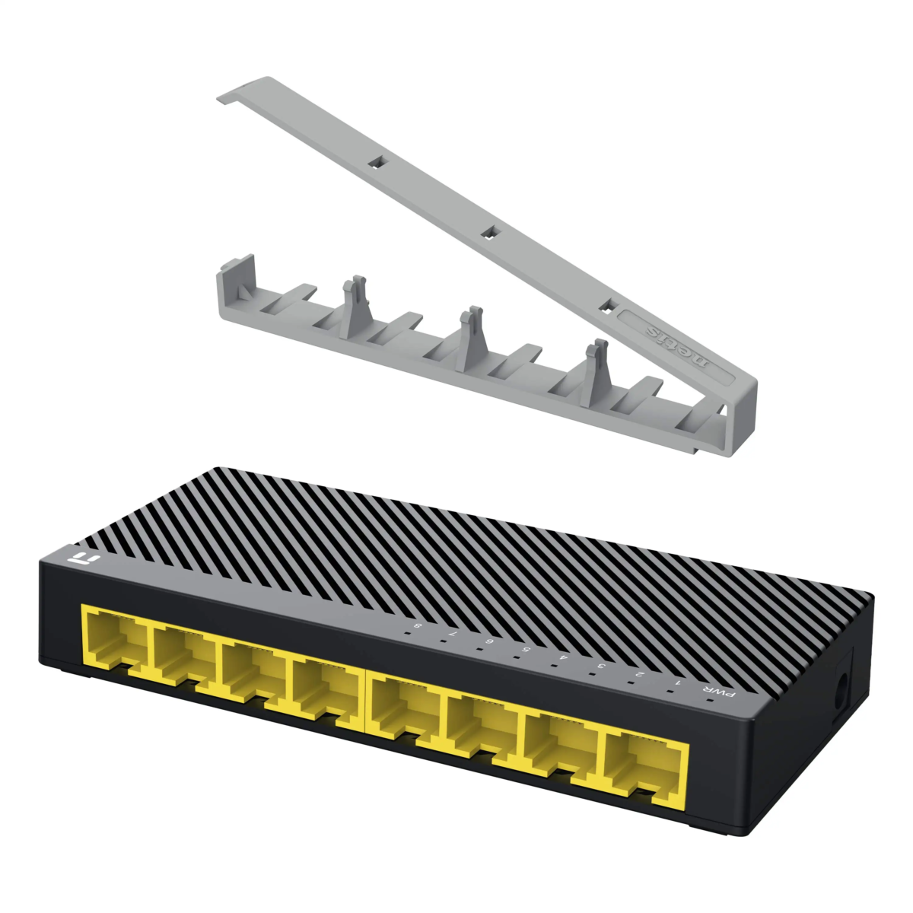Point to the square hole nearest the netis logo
[606, 305]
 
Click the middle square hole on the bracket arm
[491, 231]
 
